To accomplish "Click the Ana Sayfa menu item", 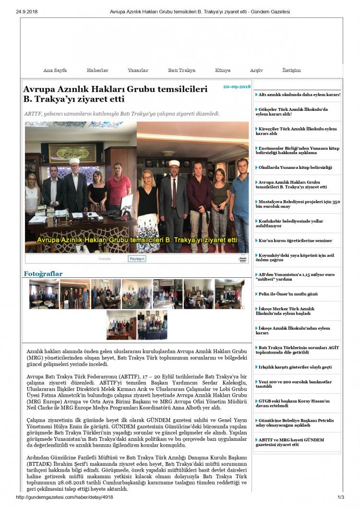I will point(55,71).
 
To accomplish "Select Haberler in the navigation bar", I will point(97,71).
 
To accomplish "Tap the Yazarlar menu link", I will point(138,71).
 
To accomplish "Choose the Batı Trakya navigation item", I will point(181,71).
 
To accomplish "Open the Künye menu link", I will point(223,71).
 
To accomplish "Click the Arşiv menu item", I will point(256,71).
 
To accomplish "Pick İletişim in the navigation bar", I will point(291,71).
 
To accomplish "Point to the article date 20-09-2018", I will point(237,87).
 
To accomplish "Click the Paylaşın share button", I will point(137,259).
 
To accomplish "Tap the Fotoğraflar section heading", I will point(43,274).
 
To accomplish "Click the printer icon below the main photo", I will point(243,259).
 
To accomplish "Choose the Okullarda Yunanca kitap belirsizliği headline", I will point(295,168).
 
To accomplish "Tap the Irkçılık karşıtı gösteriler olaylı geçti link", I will point(295,367).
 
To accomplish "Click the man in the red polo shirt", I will point(119,187).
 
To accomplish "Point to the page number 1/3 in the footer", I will point(341,497).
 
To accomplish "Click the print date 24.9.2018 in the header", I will point(27,11).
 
